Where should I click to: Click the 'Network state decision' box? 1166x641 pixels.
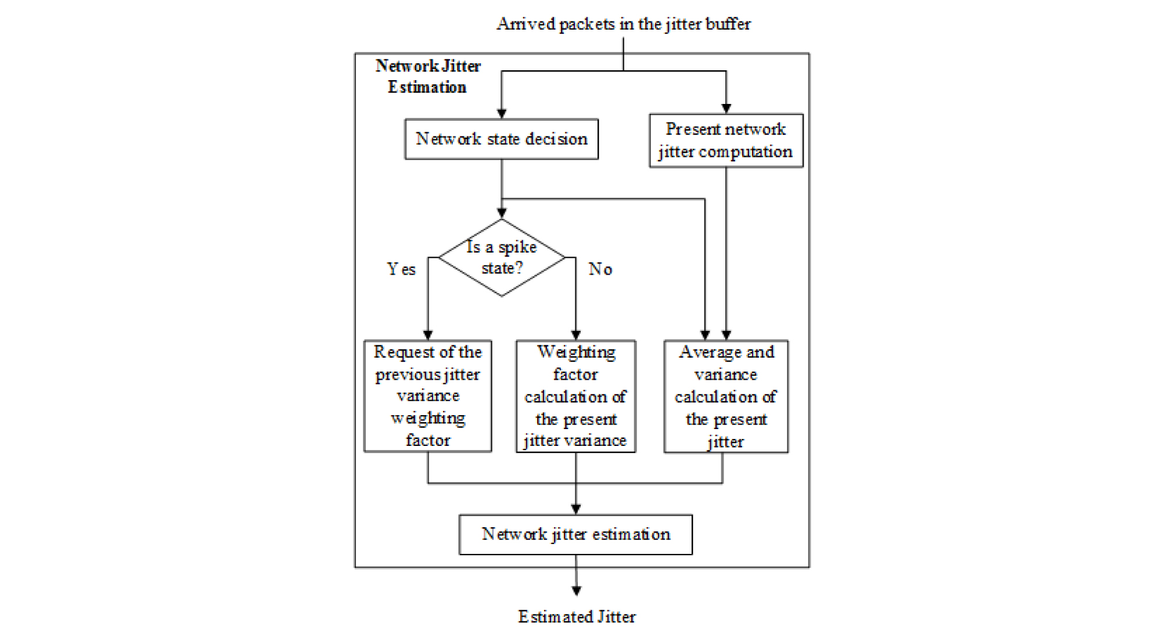pos(501,139)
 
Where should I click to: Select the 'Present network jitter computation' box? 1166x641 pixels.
pos(726,141)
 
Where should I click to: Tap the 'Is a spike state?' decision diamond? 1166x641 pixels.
pos(502,258)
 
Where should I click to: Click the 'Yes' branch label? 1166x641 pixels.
pos(401,269)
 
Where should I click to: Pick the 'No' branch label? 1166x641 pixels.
pos(600,269)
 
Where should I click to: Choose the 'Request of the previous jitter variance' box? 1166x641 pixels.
pos(427,396)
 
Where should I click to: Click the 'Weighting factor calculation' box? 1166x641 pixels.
pos(575,396)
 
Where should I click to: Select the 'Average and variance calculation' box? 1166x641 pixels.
pos(726,397)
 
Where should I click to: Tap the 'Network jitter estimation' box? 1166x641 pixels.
pos(575,534)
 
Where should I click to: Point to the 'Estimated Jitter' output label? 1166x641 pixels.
pos(577,617)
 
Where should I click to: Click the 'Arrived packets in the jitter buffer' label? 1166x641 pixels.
pos(623,24)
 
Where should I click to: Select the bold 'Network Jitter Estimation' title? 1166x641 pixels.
pos(428,76)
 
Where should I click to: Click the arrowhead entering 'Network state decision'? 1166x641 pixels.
pos(502,114)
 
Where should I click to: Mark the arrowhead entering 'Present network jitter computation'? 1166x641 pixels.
pos(726,108)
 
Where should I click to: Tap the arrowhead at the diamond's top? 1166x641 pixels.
pos(502,213)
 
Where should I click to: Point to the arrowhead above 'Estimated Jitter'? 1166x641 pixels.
pos(576,590)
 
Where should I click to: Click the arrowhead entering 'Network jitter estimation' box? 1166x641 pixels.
pos(575,509)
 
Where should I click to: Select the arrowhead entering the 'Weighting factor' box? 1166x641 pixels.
pos(575,335)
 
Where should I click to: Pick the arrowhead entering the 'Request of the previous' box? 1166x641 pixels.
pos(428,335)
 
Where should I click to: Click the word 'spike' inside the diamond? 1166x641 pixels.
pos(517,247)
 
